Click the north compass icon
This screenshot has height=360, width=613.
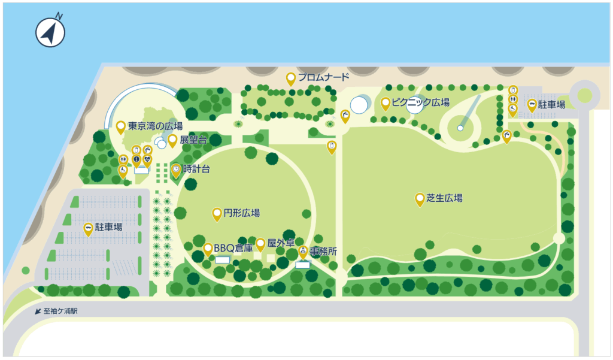pyautogui.click(x=50, y=32)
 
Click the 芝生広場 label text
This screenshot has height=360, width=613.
pyautogui.click(x=444, y=198)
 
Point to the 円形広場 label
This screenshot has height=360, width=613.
pyautogui.click(x=241, y=213)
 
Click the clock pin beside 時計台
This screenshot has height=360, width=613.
pyautogui.click(x=176, y=170)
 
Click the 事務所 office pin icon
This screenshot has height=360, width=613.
pyautogui.click(x=303, y=250)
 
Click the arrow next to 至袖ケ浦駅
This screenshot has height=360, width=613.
pyautogui.click(x=39, y=312)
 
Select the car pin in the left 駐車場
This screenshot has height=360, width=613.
pyautogui.click(x=88, y=228)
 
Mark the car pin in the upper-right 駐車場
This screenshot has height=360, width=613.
pyautogui.click(x=532, y=105)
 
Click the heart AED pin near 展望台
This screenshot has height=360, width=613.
pyautogui.click(x=147, y=159)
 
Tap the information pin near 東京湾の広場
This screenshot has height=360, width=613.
pyautogui.click(x=136, y=159)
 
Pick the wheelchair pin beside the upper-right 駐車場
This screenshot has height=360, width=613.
pyautogui.click(x=513, y=108)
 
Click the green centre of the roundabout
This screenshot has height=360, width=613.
pyautogui.click(x=584, y=94)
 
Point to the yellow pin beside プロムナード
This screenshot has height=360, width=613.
pyautogui.click(x=291, y=78)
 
